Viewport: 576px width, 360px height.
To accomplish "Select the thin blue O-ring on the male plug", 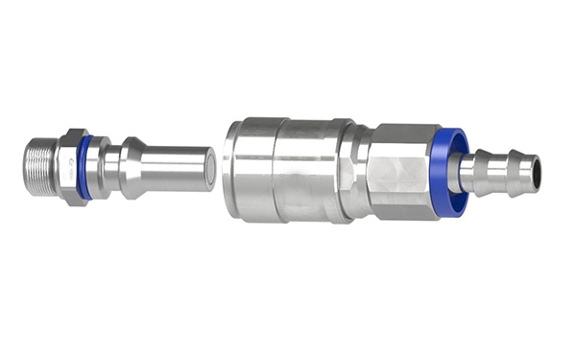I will (85, 167).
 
